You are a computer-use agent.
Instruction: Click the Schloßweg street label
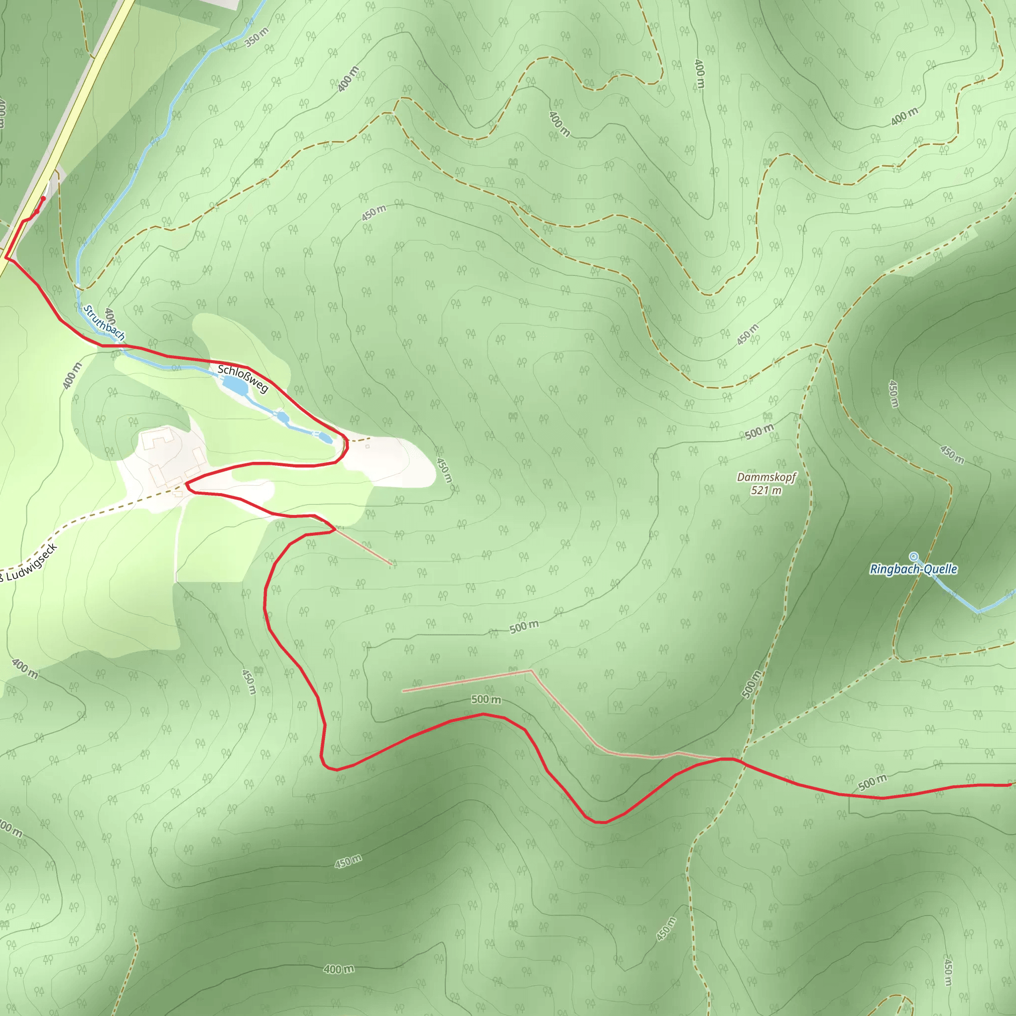pyautogui.click(x=243, y=378)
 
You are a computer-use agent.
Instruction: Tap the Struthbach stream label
pyautogui.click(x=104, y=322)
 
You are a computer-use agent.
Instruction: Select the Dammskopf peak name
pyautogui.click(x=766, y=477)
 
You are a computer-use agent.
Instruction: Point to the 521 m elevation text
pyautogui.click(x=765, y=491)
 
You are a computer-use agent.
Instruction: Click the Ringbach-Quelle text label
pyautogui.click(x=913, y=569)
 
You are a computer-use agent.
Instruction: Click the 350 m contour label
pyautogui.click(x=257, y=37)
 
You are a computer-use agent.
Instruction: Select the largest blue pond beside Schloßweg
pyautogui.click(x=235, y=386)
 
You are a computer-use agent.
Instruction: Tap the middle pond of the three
pyautogui.click(x=283, y=418)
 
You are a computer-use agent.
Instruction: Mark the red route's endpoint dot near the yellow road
pyautogui.click(x=43, y=198)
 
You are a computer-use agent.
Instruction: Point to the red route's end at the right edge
pyautogui.click(x=1010, y=785)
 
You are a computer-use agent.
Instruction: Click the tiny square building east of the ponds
pyautogui.click(x=367, y=446)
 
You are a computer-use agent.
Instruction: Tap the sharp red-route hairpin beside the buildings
pyautogui.click(x=187, y=485)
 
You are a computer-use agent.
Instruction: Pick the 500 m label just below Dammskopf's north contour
pyautogui.click(x=760, y=432)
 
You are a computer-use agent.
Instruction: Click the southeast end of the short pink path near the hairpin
pyautogui.click(x=392, y=565)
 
